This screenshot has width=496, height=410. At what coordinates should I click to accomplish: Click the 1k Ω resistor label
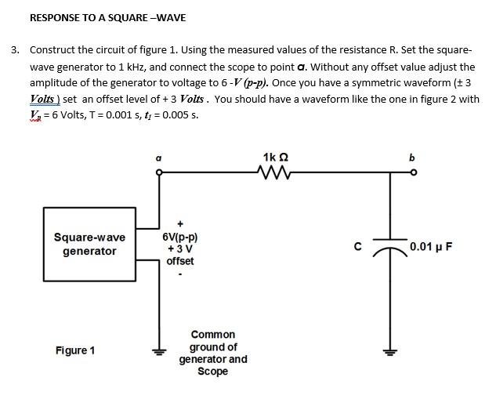(276, 158)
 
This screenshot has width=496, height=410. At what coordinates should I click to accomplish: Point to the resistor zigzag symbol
(276, 172)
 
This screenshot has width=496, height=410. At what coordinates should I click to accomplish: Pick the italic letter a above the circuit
(158, 158)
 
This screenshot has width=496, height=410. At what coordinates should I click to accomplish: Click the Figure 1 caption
(75, 350)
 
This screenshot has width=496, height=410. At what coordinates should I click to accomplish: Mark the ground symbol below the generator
(159, 350)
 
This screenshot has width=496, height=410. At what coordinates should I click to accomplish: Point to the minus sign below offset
(179, 274)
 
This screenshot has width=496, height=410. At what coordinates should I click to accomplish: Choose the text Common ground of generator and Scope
(212, 353)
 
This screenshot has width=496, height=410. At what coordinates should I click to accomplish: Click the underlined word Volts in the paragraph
(42, 100)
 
